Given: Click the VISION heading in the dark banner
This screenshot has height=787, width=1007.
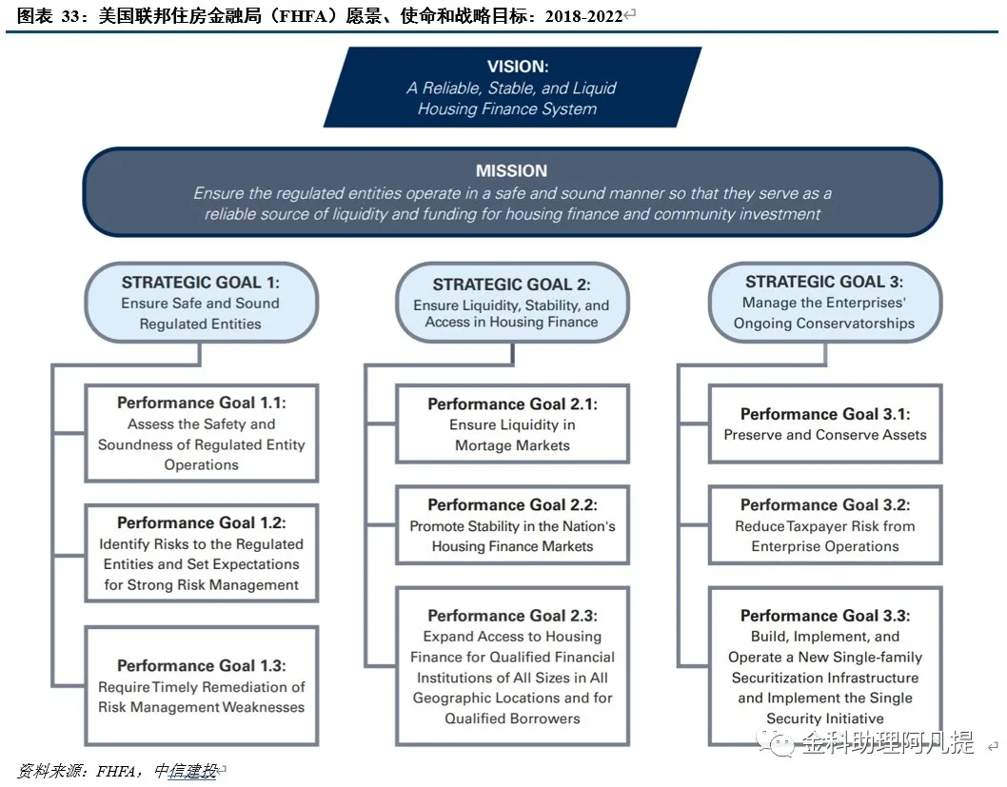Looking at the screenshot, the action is tap(518, 66).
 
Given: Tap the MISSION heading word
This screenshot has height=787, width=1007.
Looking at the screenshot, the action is tap(511, 170).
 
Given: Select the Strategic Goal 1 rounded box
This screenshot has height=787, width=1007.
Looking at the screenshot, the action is tap(201, 303).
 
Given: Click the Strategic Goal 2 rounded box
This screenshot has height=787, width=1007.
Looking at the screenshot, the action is tap(512, 303).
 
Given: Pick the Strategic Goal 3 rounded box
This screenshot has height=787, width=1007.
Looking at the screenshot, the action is tap(824, 302).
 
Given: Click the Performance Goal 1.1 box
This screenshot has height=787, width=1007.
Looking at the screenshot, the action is tap(202, 433).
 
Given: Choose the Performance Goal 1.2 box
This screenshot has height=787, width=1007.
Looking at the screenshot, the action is tap(202, 553).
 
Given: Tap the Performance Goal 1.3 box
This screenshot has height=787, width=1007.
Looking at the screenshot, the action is tap(202, 685).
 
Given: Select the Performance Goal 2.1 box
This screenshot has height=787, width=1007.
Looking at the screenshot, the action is tap(512, 423).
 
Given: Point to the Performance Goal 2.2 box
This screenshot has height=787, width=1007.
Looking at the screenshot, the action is tap(512, 525).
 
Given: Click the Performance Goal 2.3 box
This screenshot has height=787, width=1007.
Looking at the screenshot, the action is tap(512, 666).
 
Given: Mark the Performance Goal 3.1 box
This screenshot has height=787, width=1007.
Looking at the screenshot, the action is tap(824, 423).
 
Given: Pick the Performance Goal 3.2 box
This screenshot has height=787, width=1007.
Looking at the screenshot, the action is tap(824, 525).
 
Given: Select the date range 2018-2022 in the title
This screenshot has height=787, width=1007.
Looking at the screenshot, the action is tap(583, 16).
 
